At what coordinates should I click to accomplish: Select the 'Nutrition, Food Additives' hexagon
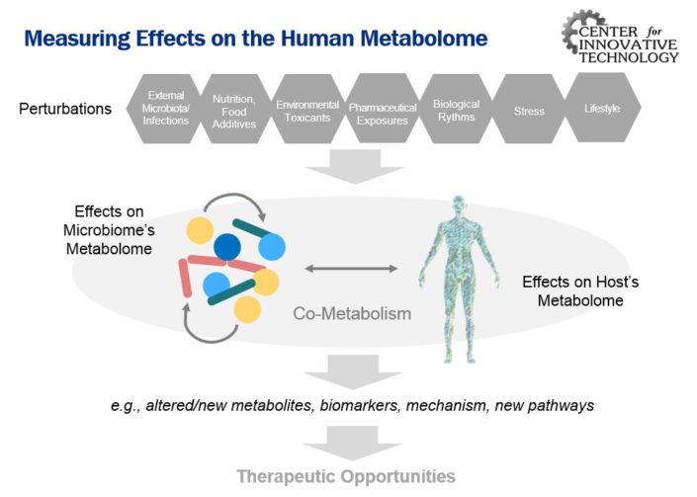click(x=234, y=112)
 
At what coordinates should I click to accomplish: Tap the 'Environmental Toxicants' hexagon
click(x=307, y=112)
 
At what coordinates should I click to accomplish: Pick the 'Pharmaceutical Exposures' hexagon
click(x=381, y=112)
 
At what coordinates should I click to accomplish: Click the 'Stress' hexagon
click(x=529, y=111)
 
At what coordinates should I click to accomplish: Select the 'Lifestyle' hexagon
click(x=601, y=108)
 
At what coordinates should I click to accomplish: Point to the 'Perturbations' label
click(x=65, y=109)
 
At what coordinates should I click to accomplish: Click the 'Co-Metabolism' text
click(x=351, y=314)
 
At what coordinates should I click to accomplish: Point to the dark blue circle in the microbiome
click(x=227, y=247)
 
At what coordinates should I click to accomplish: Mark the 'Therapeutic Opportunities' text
click(x=346, y=475)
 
